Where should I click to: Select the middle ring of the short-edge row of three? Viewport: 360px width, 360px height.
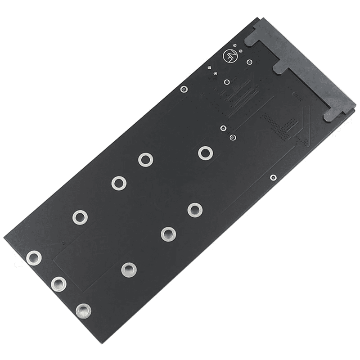pyautogui.click(x=58, y=283)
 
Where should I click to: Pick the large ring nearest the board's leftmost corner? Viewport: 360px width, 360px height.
pyautogui.click(x=34, y=258)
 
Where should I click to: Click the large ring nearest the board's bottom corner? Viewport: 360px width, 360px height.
pyautogui.click(x=83, y=310)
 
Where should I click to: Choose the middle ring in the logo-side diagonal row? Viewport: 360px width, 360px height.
pyautogui.click(x=119, y=183)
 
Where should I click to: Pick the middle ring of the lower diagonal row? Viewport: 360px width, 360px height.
pyautogui.click(x=168, y=233)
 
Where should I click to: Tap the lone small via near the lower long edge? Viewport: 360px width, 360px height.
pyautogui.click(x=273, y=177)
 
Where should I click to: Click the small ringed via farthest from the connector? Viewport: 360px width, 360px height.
pyautogui.click(x=183, y=89)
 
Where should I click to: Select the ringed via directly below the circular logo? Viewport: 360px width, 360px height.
pyautogui.click(x=227, y=82)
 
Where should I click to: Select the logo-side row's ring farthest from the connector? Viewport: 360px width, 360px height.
pyautogui.click(x=80, y=217)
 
